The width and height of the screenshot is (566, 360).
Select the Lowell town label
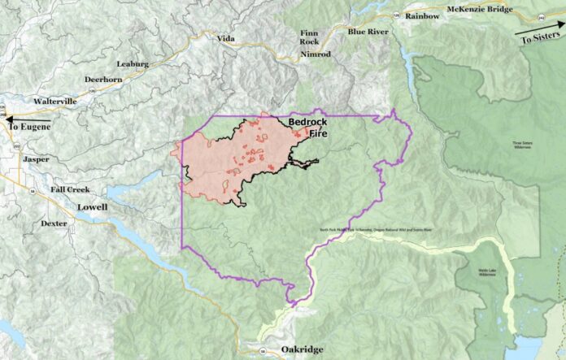[92, 207]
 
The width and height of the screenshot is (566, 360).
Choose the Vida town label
[225, 38]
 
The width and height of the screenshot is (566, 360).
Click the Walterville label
[55, 102]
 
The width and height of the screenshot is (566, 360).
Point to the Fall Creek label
[69, 189]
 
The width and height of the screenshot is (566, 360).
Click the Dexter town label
[54, 223]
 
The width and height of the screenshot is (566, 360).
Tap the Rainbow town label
[422, 15]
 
